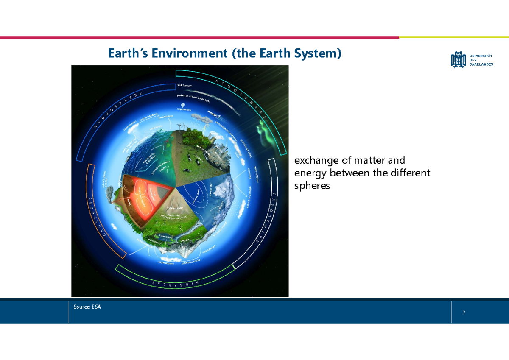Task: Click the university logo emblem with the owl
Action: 459,59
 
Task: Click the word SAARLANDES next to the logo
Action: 481,64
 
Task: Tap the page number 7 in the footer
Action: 464,313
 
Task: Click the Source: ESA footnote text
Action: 87,307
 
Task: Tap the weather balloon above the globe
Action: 182,106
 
